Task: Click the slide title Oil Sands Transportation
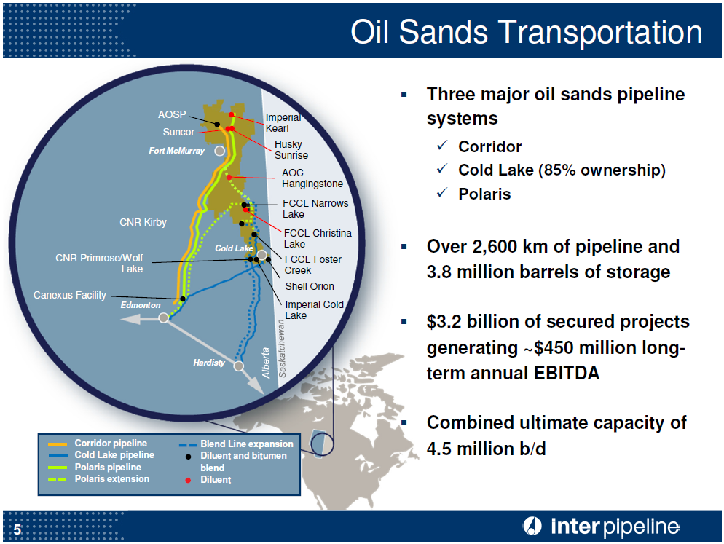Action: [526, 33]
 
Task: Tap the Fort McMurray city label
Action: [176, 151]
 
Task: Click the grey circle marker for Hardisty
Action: [238, 366]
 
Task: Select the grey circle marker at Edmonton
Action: [164, 318]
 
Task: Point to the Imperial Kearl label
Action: [283, 123]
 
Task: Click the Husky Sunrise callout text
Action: [291, 150]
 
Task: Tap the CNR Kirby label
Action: [143, 223]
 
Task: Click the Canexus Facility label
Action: [70, 295]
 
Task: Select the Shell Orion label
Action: [310, 286]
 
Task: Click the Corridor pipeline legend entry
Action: [110, 444]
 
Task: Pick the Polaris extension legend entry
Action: [111, 479]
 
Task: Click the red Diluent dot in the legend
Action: [188, 480]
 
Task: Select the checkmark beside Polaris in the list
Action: [442, 194]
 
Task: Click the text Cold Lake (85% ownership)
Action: [562, 170]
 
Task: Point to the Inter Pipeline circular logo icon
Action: [532, 526]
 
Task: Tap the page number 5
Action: [17, 529]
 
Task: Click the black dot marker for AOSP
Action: [217, 124]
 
